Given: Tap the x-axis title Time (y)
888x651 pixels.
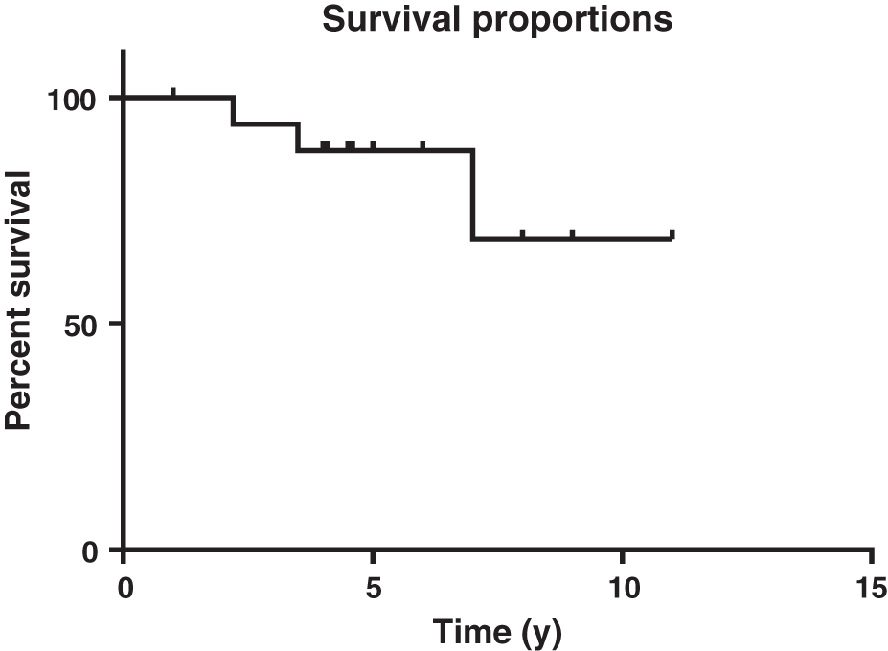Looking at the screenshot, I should pyautogui.click(x=497, y=632).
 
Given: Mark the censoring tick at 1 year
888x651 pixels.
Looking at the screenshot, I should pyautogui.click(x=173, y=92).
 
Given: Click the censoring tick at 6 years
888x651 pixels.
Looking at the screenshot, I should pyautogui.click(x=422, y=146).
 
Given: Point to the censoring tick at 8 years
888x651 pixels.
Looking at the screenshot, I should pyautogui.click(x=522, y=234).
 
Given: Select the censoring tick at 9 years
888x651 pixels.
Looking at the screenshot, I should pyautogui.click(x=572, y=234).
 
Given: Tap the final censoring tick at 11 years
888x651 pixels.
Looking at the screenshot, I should pyautogui.click(x=672, y=234).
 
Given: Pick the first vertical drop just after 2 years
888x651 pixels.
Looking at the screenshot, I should pyautogui.click(x=234, y=110).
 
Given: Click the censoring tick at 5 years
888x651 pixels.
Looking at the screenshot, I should pyautogui.click(x=373, y=146).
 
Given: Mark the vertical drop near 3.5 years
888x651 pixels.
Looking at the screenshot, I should pyautogui.click(x=299, y=137).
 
